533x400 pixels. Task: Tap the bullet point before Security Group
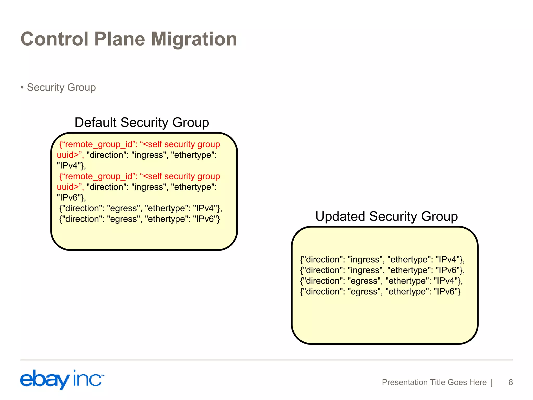point(22,87)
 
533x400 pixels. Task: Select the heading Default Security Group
point(142,122)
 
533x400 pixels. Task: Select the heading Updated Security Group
point(386,216)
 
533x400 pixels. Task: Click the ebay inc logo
point(62,379)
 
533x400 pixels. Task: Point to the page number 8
point(510,382)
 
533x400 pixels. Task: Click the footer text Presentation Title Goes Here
point(434,382)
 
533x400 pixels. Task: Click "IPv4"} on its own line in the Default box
point(71,166)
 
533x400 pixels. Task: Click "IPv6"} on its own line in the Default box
point(71,198)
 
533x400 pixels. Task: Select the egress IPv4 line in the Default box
point(141,208)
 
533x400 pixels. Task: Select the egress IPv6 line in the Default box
point(139,219)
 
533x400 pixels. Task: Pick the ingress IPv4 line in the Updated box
point(382,260)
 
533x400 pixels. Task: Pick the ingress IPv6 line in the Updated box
point(382,270)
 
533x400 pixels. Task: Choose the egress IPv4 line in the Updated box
point(381,281)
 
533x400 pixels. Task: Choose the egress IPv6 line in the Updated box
point(380,292)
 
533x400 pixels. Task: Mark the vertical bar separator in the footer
point(492,382)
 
